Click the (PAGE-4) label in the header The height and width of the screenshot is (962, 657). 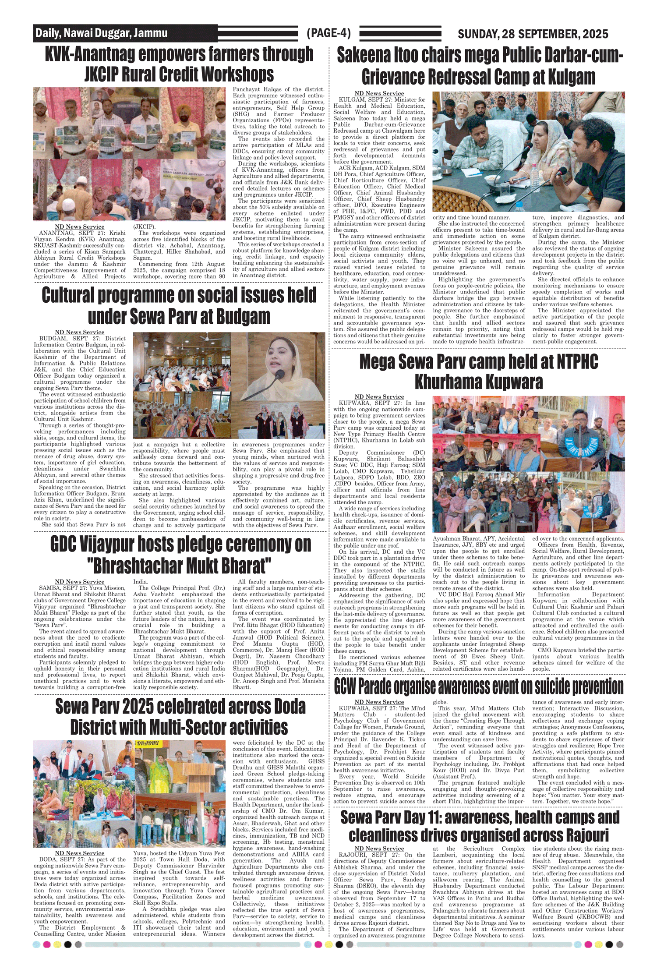tap(328, 33)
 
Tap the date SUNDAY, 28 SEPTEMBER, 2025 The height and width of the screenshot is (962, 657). tap(533, 34)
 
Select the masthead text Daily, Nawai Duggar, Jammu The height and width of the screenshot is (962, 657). tap(101, 33)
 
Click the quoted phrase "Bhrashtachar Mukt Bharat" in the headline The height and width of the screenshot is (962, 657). tap(180, 566)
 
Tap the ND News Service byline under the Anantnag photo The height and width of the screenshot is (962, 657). tap(80, 226)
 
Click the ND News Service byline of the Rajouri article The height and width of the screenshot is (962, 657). tap(379, 849)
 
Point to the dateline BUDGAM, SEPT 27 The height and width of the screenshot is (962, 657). tap(64, 339)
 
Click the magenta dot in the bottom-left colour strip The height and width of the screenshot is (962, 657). tap(47, 944)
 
